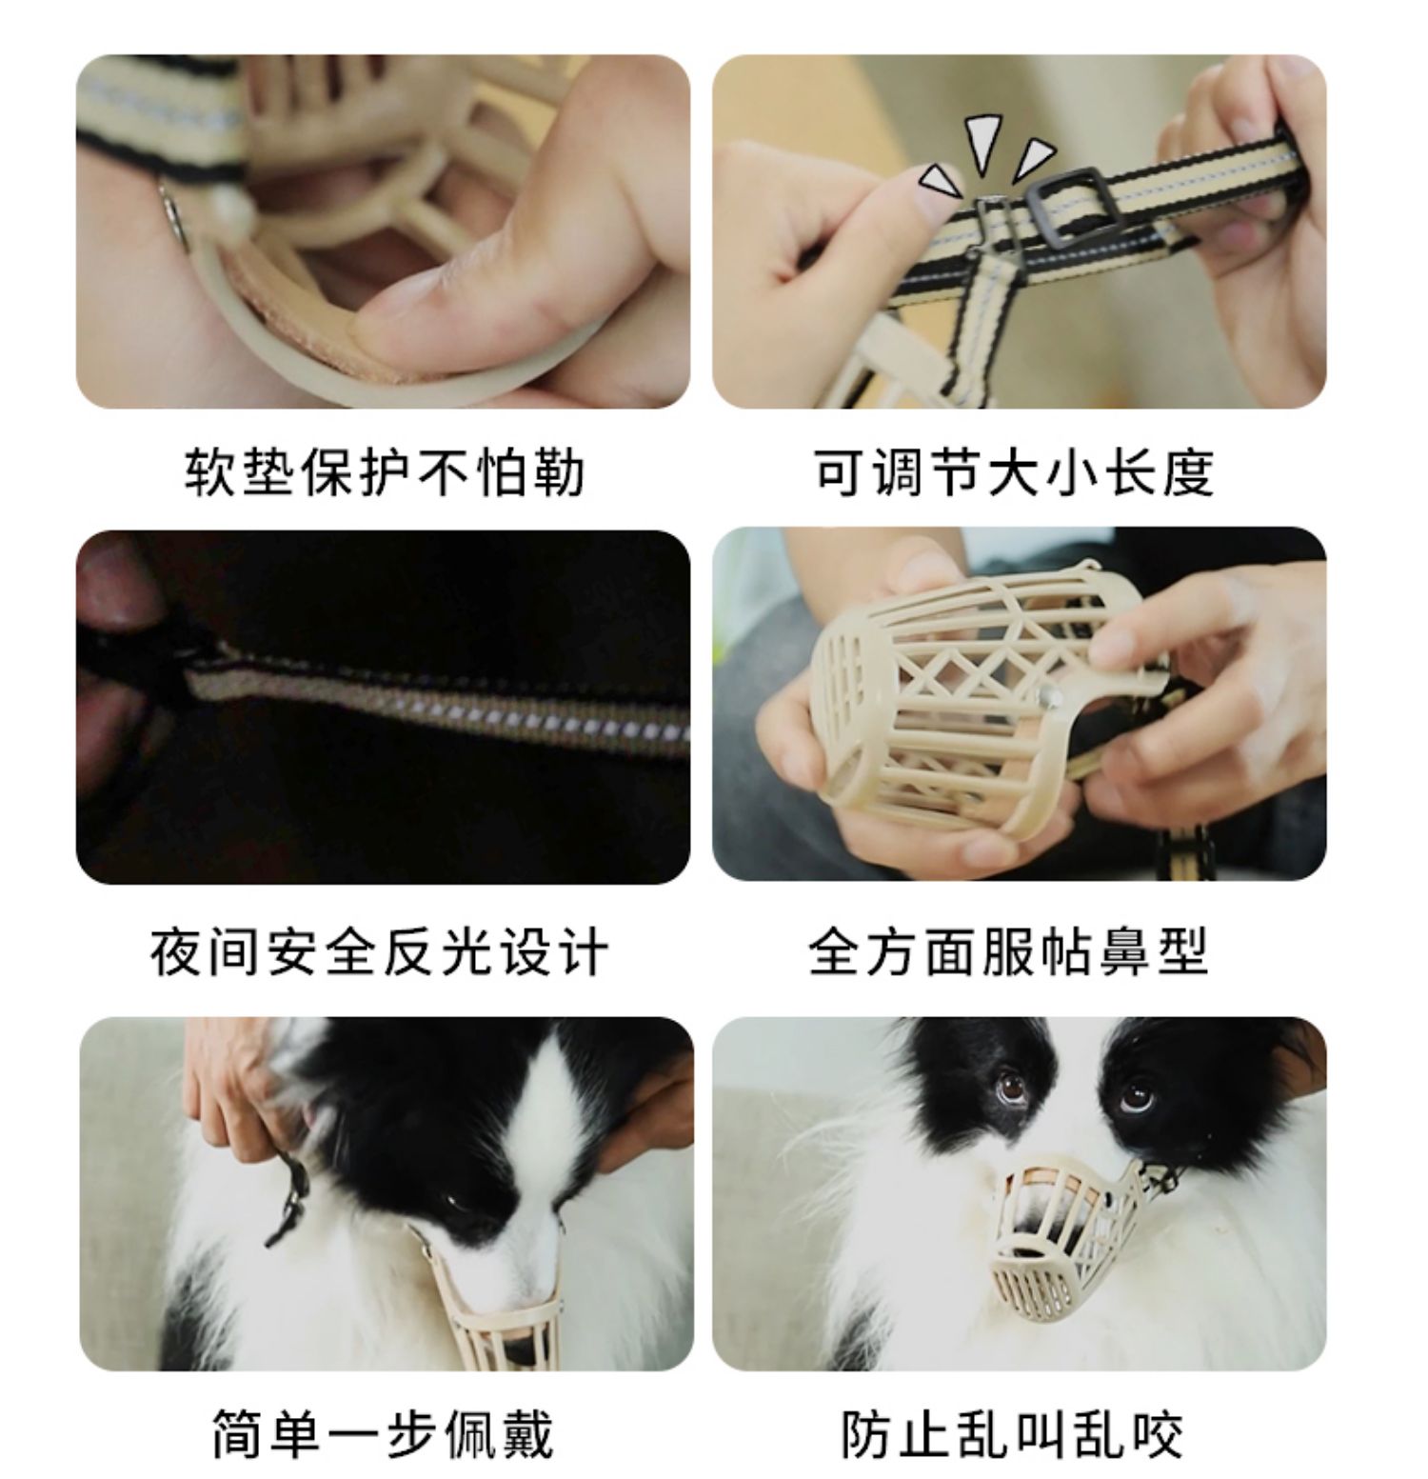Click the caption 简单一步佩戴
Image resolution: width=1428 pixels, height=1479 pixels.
point(382,1434)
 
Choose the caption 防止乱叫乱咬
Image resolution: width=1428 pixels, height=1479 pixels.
point(1012,1434)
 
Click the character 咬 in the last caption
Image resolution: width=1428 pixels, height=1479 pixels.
point(1157,1434)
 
